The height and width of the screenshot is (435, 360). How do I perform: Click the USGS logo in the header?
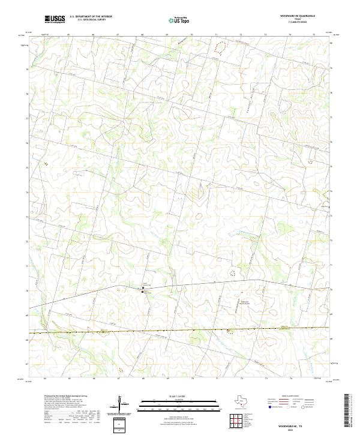coord(55,19)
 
